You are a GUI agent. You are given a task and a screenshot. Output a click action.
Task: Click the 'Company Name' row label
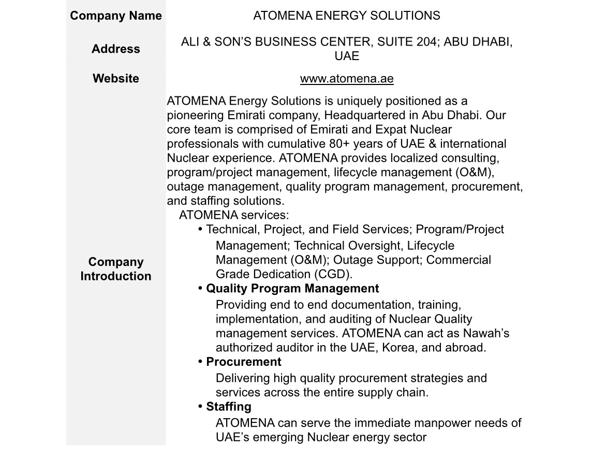click(116, 16)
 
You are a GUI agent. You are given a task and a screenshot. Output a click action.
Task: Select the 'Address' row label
click(116, 49)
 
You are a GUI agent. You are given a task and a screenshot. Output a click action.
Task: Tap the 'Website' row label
click(116, 78)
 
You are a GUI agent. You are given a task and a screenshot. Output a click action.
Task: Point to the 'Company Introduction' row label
click(116, 269)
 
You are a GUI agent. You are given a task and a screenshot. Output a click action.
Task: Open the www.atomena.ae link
click(347, 79)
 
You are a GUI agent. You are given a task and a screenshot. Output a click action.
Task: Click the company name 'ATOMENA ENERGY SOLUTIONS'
click(347, 16)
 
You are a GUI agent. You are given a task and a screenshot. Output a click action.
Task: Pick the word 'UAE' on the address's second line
click(347, 56)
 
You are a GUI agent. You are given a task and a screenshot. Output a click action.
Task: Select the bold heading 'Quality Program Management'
click(292, 289)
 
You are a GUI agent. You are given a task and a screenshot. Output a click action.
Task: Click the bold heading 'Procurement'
click(244, 362)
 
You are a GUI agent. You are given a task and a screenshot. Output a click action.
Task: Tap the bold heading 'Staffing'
click(229, 407)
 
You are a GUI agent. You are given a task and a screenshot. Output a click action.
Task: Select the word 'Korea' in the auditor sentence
click(398, 348)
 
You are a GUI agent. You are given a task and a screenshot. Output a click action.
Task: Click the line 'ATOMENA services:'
click(233, 215)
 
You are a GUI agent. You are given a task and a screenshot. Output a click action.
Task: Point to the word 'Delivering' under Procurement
click(243, 378)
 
